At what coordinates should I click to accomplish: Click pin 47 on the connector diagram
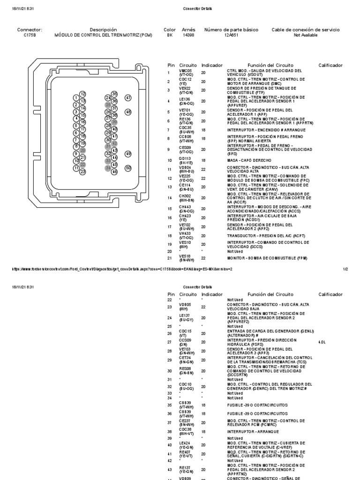(x=128, y=98)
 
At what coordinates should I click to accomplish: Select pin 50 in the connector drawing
(x=128, y=168)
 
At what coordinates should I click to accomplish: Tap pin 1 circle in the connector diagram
(x=76, y=97)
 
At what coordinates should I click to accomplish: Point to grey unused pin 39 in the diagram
(x=114, y=122)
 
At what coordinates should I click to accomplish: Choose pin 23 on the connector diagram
(x=83, y=172)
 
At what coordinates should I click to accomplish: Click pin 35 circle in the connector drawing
(x=114, y=94)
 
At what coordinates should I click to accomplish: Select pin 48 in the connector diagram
(x=128, y=112)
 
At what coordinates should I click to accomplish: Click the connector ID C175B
(x=30, y=35)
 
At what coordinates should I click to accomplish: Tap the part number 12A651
(x=231, y=35)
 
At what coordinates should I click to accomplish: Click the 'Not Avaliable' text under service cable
(x=306, y=35)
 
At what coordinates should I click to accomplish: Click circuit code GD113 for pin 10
(x=185, y=159)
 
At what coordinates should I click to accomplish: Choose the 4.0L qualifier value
(x=321, y=342)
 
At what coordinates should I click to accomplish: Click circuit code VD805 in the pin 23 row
(x=185, y=305)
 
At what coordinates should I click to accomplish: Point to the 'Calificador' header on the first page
(x=330, y=65)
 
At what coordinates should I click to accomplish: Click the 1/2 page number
(x=345, y=269)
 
